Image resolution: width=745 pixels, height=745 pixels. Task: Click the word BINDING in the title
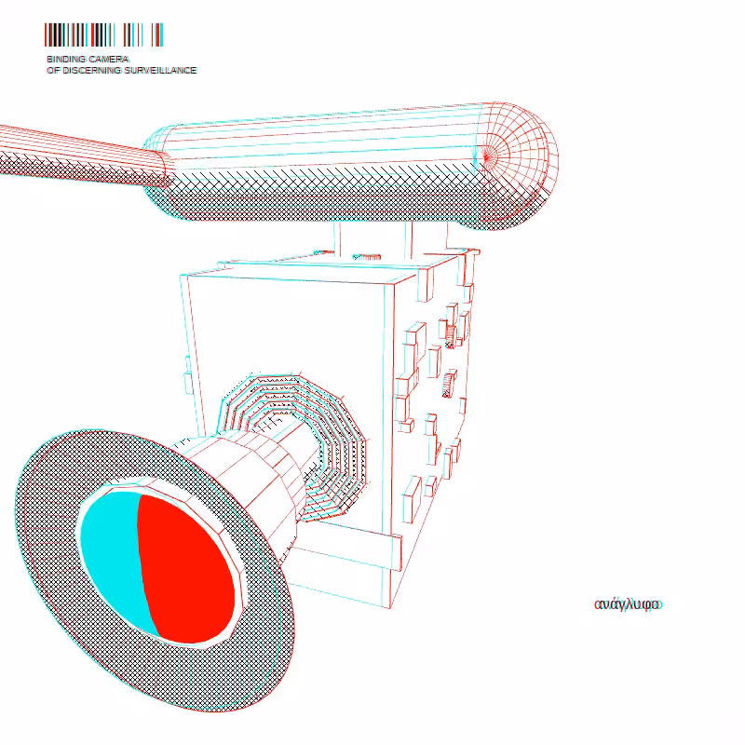pyautogui.click(x=66, y=60)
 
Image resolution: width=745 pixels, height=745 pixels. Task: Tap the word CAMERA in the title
pyautogui.click(x=109, y=60)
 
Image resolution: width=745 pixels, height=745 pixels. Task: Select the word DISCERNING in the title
pyautogui.click(x=91, y=71)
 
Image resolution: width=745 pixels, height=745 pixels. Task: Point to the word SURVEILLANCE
pyautogui.click(x=160, y=71)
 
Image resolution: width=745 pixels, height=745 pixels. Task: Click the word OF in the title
pyautogui.click(x=53, y=71)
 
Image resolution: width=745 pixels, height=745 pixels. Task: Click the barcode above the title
pyautogui.click(x=104, y=34)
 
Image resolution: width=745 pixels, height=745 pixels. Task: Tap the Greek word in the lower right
pyautogui.click(x=628, y=604)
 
